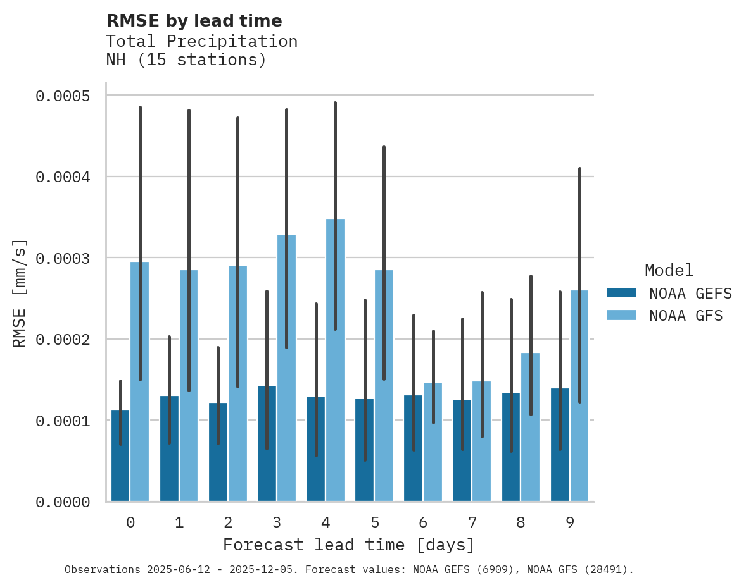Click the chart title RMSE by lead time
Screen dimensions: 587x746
click(194, 21)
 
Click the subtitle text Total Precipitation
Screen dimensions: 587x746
click(201, 41)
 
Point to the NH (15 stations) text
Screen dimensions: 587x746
click(186, 60)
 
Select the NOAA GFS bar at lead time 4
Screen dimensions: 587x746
click(335, 361)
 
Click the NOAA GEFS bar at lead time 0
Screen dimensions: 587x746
click(120, 455)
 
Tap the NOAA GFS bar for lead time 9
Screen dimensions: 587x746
click(579, 395)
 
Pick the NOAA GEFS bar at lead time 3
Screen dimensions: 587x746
click(267, 443)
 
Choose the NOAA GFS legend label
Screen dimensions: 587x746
click(685, 315)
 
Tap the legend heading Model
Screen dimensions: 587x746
click(669, 270)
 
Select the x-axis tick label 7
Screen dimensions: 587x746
click(472, 522)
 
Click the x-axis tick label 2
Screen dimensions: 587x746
click(228, 522)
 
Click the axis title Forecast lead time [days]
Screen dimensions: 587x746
click(348, 545)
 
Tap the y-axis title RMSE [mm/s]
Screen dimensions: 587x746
click(20, 293)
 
